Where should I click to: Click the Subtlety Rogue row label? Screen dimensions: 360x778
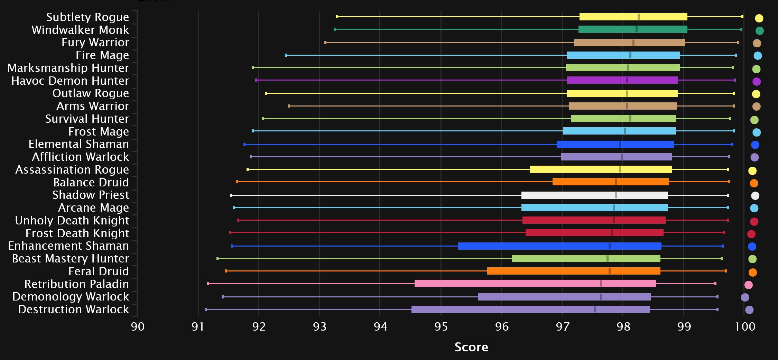coord(87,17)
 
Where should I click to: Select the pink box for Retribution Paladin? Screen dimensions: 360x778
coord(535,284)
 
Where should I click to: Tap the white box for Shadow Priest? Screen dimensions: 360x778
coord(594,195)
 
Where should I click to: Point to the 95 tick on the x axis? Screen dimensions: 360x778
coord(441,326)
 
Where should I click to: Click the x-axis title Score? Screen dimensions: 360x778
coord(471,347)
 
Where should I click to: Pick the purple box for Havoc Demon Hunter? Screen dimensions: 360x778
coord(622,80)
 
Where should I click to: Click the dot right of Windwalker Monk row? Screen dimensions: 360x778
coord(759,31)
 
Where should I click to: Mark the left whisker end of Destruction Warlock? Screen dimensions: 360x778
coord(206,309)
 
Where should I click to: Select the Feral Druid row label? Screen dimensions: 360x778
coord(99,271)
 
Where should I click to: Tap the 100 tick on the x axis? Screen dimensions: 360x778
coord(745,326)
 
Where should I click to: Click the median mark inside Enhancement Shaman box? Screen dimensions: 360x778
coord(609,246)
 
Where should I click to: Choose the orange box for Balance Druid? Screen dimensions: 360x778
coord(610,182)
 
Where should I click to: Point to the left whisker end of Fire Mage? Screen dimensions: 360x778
coord(286,55)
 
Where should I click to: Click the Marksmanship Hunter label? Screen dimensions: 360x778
coord(68,68)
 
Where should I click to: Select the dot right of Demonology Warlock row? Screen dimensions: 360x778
coord(745,297)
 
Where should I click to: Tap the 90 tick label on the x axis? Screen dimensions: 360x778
coord(138,326)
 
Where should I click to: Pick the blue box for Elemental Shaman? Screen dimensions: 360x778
coord(615,145)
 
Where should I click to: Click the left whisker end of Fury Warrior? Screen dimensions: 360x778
coord(325,43)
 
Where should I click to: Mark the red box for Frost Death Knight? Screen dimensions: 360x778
coord(594,233)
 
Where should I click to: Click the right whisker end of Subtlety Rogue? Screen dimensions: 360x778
coord(742,17)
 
